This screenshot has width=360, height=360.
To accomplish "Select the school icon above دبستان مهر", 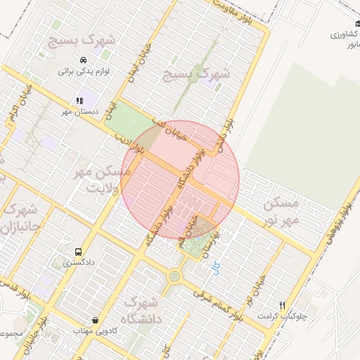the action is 79,101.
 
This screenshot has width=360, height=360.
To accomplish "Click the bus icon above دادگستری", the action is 77,252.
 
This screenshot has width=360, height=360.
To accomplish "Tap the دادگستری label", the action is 79,263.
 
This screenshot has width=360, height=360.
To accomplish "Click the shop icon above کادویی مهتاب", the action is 95,320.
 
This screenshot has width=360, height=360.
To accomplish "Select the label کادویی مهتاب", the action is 94,330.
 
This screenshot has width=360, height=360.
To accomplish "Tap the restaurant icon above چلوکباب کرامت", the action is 283,305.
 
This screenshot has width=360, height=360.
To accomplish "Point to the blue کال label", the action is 215,268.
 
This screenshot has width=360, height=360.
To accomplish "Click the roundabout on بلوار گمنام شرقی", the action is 173,276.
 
